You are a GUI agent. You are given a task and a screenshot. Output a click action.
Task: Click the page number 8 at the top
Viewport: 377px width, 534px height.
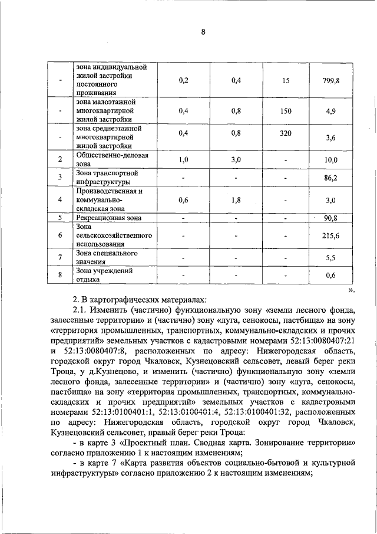203,33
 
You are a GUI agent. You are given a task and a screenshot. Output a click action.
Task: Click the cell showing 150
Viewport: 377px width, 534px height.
286,110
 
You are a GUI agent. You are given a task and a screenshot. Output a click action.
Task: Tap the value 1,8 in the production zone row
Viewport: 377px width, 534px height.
236,200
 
